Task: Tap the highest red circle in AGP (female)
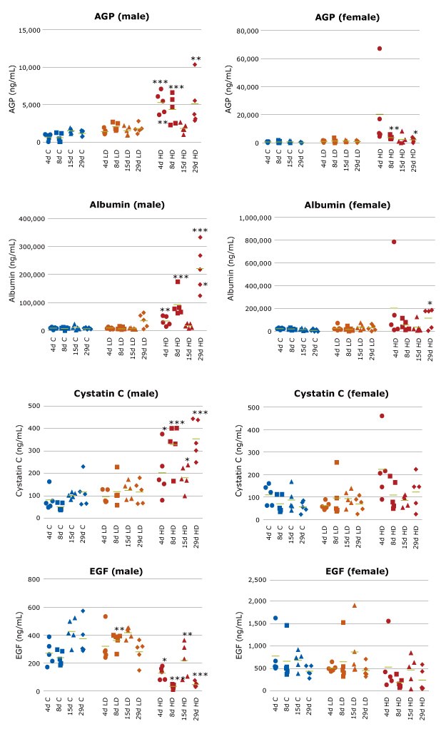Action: pyautogui.click(x=380, y=49)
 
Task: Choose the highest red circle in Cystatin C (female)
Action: pyautogui.click(x=382, y=416)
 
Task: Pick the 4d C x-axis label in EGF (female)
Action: pyautogui.click(x=275, y=708)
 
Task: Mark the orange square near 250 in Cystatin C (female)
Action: pyautogui.click(x=336, y=462)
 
